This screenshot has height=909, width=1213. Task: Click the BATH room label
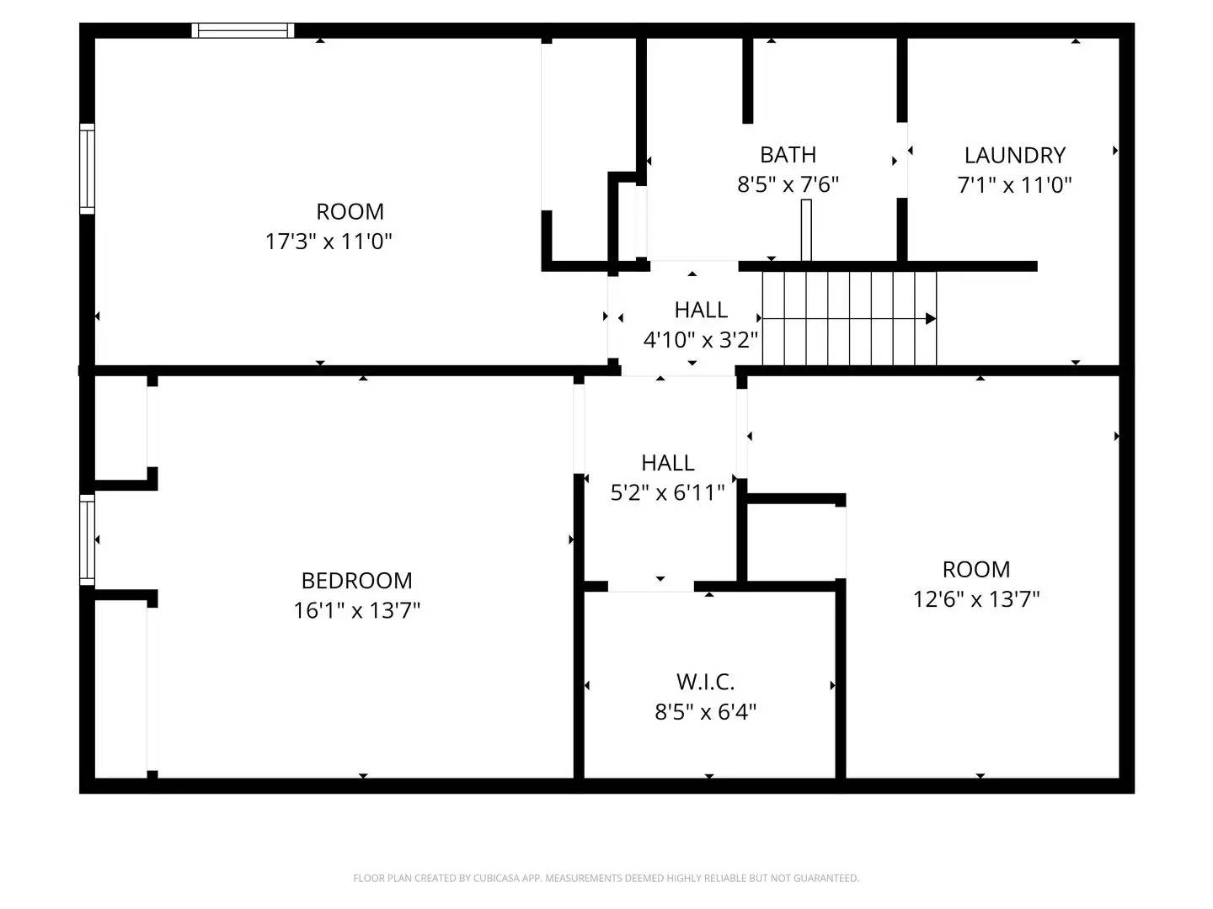coord(788,155)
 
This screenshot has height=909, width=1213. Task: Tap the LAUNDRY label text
coord(1014,155)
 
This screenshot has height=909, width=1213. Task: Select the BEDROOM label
coord(356,580)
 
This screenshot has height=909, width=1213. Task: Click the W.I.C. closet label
coord(705,681)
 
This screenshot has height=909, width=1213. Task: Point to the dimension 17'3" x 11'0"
coord(329,242)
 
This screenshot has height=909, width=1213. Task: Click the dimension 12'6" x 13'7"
coord(976,599)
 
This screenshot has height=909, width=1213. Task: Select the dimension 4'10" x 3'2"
coord(700,340)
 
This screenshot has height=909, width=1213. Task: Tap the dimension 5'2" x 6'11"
coord(667,492)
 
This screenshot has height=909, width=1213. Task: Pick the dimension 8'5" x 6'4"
coord(705,712)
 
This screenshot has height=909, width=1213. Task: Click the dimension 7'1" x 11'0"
coord(1014,184)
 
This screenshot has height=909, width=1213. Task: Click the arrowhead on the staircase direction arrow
coord(931,319)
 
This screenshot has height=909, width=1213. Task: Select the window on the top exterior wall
coord(243,31)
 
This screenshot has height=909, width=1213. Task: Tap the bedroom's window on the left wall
coord(88,540)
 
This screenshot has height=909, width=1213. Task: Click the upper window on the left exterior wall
coord(88,168)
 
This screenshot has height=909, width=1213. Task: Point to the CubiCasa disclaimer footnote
coord(606,878)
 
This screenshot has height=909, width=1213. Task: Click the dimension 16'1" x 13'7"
coord(356,610)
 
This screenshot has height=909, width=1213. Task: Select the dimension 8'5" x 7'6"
coord(788,184)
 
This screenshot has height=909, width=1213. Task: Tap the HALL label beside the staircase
coord(700,310)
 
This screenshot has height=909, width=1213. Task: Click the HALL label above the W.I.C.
coord(667,462)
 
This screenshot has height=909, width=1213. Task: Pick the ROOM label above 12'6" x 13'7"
coord(976,569)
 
